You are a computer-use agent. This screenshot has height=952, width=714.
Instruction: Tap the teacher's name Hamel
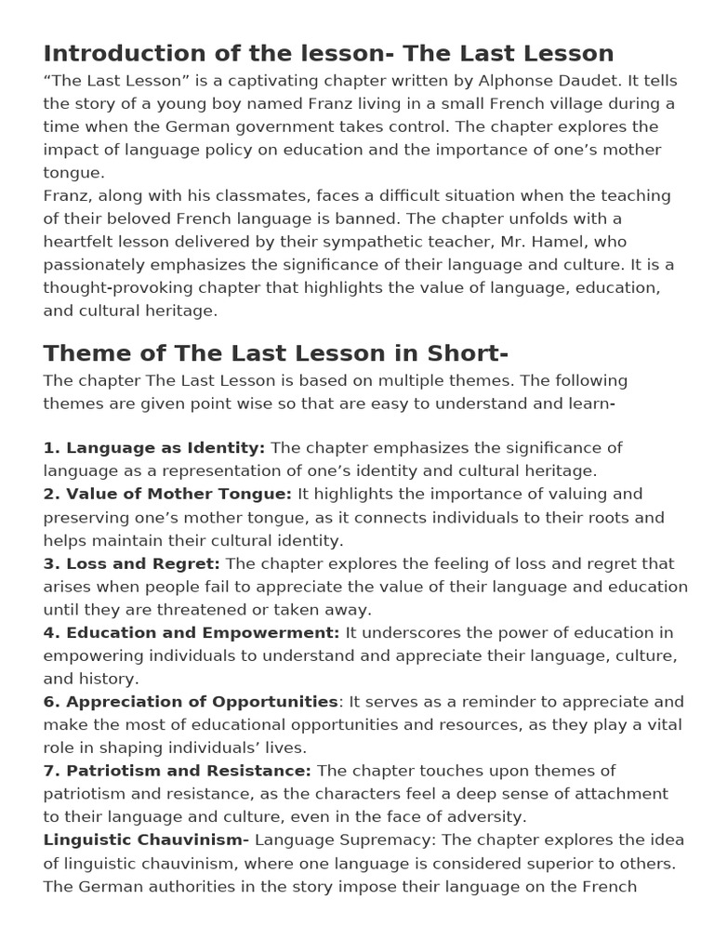558,242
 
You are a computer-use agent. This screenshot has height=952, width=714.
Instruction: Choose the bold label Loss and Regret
142,563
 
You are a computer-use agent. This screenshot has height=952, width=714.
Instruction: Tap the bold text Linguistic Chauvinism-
146,840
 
